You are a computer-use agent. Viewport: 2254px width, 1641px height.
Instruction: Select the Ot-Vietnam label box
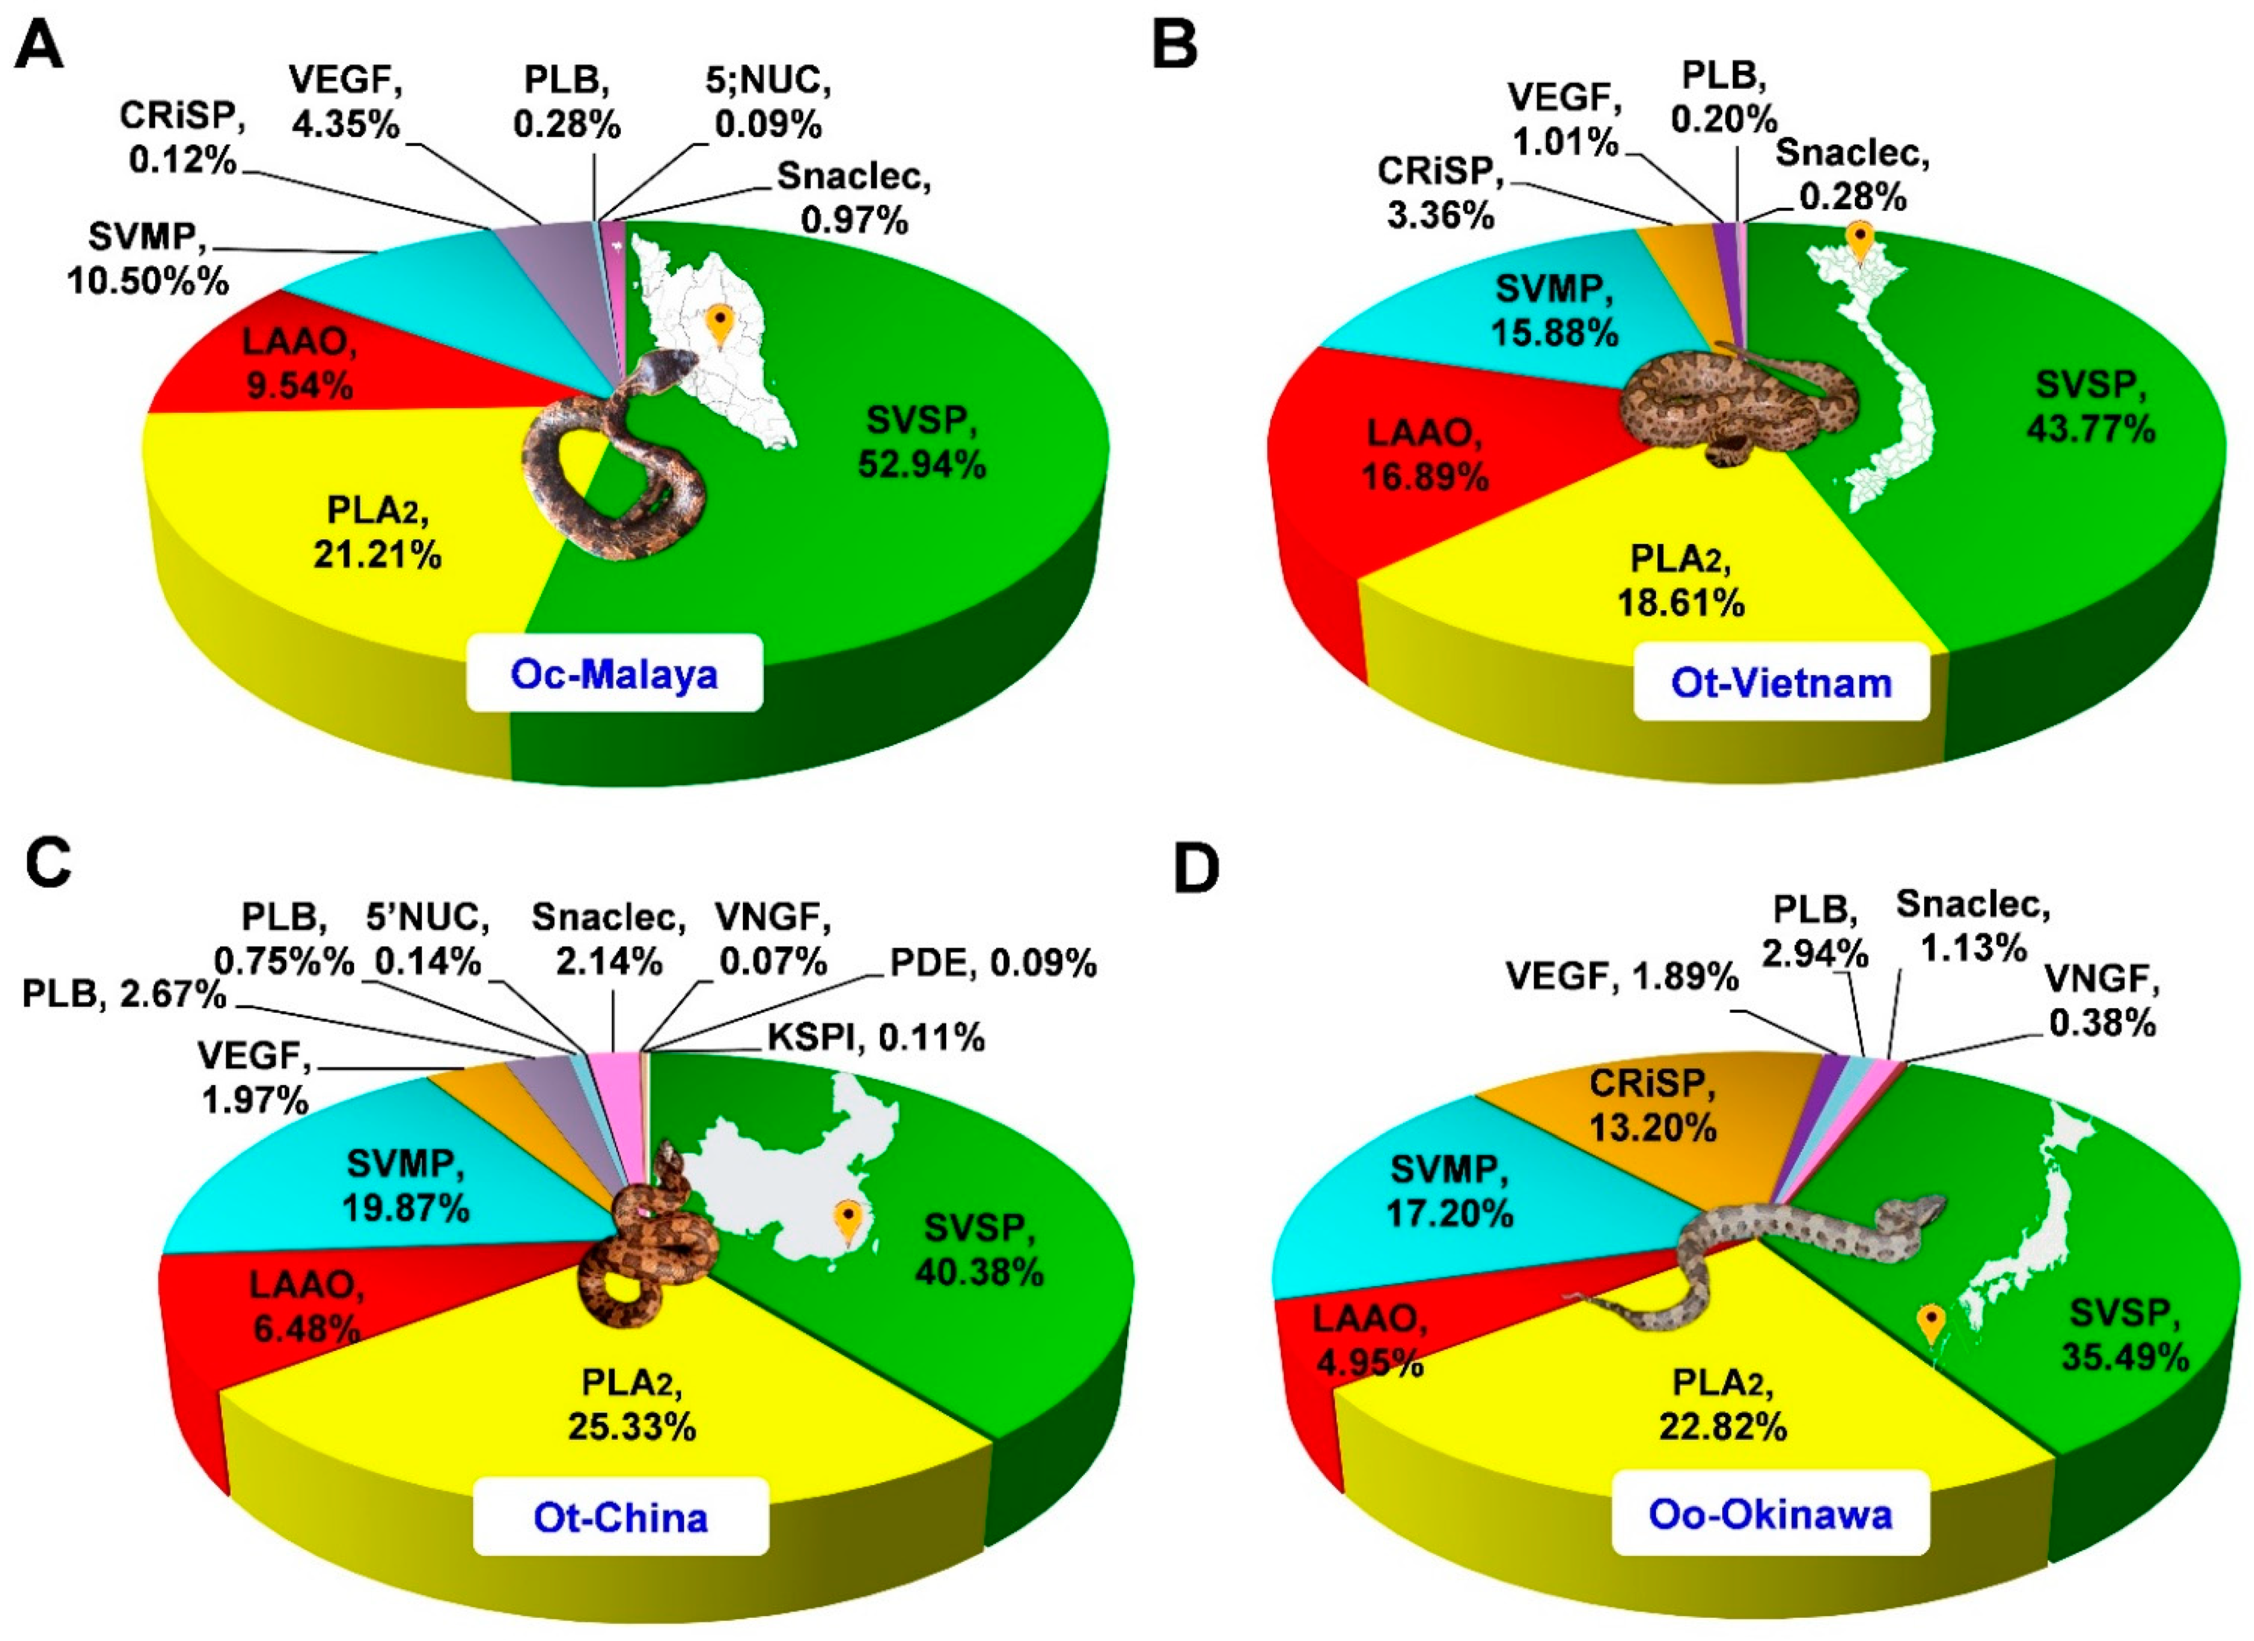pyautogui.click(x=1781, y=683)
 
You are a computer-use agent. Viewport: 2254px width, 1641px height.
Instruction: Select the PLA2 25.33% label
pyautogui.click(x=632, y=1404)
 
